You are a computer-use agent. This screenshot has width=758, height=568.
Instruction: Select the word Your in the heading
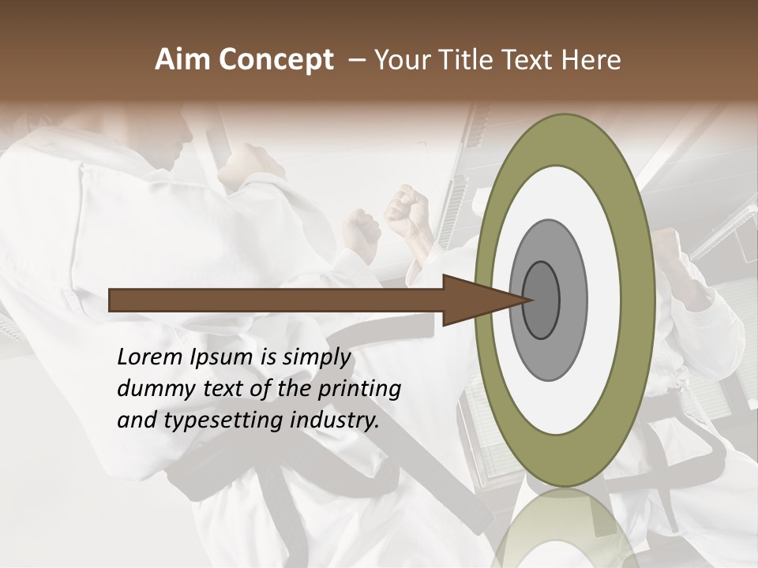[x=402, y=60]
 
